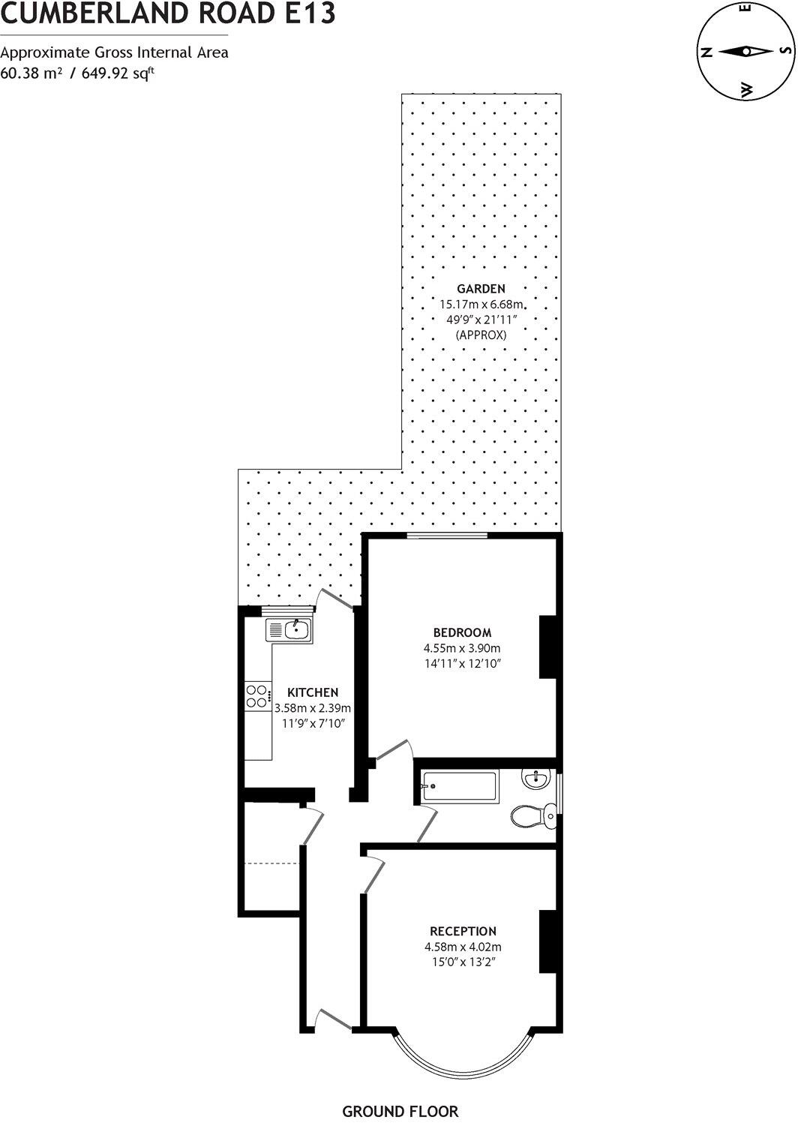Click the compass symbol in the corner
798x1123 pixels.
746,52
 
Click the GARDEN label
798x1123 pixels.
481,288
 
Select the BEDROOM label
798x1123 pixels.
462,632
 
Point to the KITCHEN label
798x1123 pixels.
313,692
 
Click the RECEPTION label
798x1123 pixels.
463,931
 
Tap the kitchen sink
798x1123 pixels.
289,629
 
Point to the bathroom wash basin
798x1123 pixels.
538,779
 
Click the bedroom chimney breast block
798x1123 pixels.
549,647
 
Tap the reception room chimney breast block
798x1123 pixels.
549,941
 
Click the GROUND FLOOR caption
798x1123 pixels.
400,1111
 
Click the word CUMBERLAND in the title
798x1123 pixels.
82,14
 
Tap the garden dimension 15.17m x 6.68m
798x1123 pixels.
481,305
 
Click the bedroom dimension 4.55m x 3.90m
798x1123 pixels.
462,648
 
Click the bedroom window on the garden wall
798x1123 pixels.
448,535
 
